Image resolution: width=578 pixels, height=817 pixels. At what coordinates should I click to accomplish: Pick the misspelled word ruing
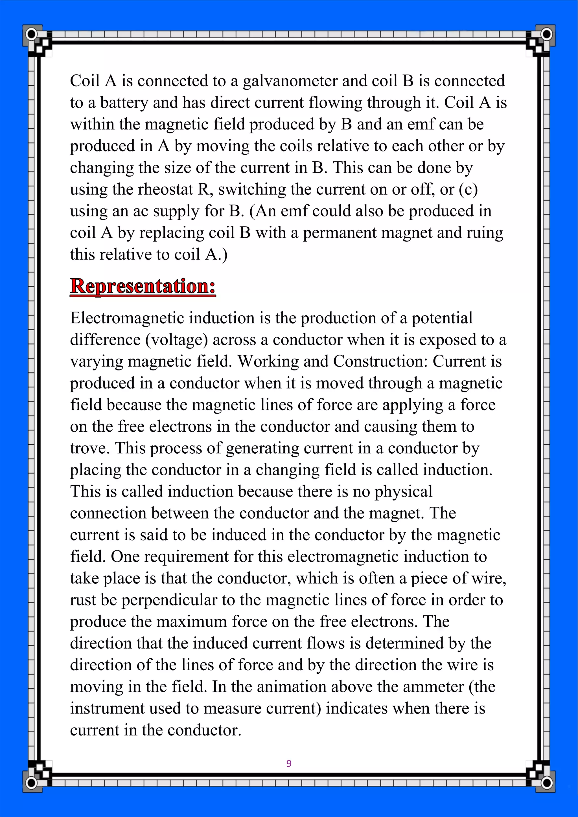pyautogui.click(x=485, y=233)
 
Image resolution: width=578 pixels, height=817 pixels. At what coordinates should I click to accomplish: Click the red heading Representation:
pyautogui.click(x=143, y=286)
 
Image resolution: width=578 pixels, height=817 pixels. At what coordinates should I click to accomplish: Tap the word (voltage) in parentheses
pyautogui.click(x=176, y=340)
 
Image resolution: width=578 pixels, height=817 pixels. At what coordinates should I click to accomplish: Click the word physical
pyautogui.click(x=403, y=492)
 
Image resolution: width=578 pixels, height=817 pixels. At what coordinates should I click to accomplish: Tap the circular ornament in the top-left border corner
pyautogui.click(x=31, y=34)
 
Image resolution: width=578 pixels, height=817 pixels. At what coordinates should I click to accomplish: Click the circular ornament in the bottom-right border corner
pyautogui.click(x=546, y=783)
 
